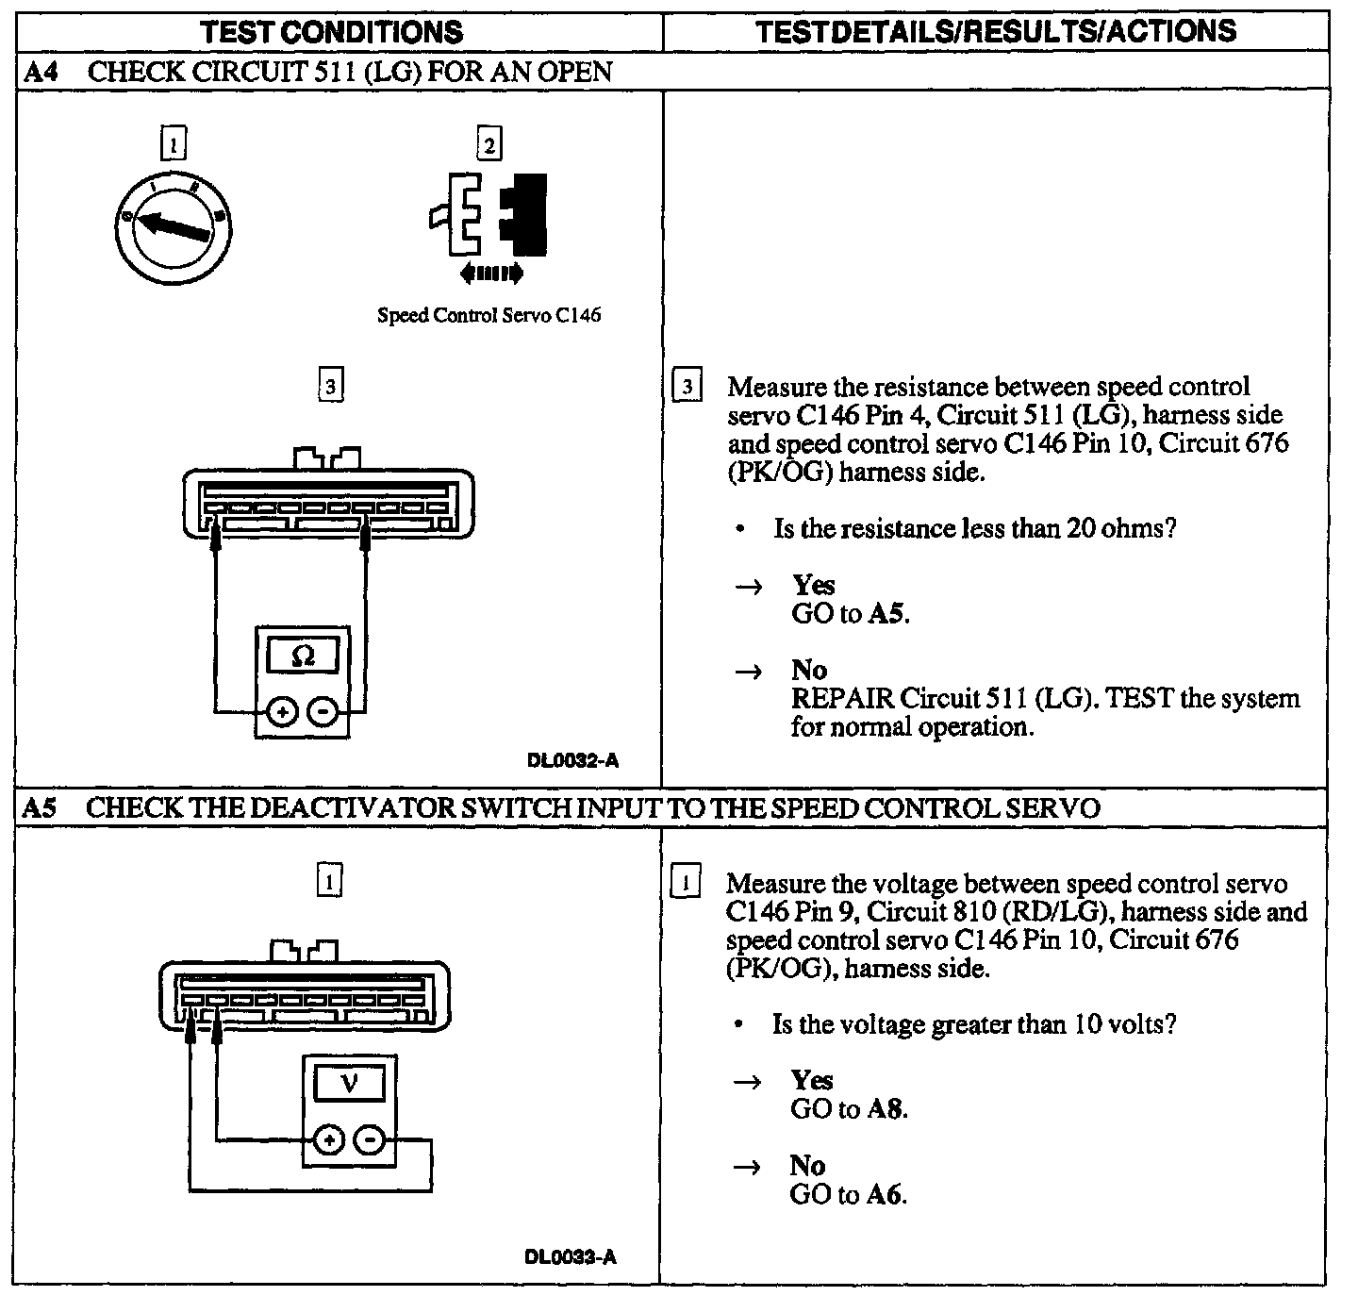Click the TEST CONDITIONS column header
pos(332,32)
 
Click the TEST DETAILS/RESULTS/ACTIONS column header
pos(996,31)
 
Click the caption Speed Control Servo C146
pos(489,315)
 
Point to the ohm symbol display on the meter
pos(303,655)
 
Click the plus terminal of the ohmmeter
pos(283,712)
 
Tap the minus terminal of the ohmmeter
pos(323,712)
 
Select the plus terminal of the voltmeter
pos(328,1140)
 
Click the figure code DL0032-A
pos(573,760)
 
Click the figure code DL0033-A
pos(571,1256)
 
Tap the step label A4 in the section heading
pos(40,72)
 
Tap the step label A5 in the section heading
pos(40,808)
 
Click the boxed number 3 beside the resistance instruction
pos(687,388)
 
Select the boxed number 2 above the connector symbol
pos(489,145)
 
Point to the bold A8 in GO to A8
pos(886,1109)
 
